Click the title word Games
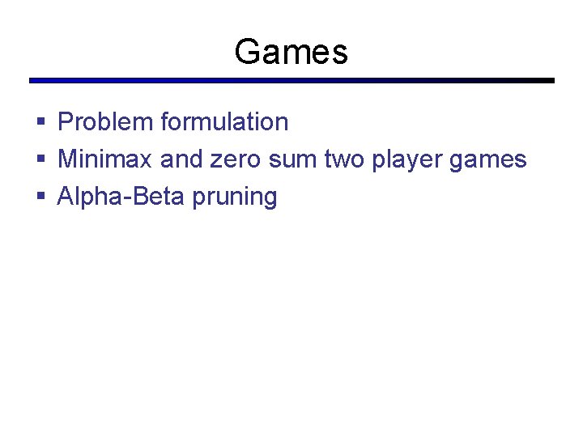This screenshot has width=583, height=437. pyautogui.click(x=291, y=52)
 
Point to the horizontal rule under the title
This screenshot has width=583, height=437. pyautogui.click(x=291, y=81)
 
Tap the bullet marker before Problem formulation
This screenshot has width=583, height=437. pyautogui.click(x=40, y=123)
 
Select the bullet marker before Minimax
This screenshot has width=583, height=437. pyautogui.click(x=40, y=160)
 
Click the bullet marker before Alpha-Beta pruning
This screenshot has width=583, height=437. pyautogui.click(x=40, y=197)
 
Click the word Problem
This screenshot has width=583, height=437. pyautogui.click(x=105, y=122)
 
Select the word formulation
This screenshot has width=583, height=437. pyautogui.click(x=224, y=122)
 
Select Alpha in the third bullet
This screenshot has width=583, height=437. pyautogui.click(x=85, y=197)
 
